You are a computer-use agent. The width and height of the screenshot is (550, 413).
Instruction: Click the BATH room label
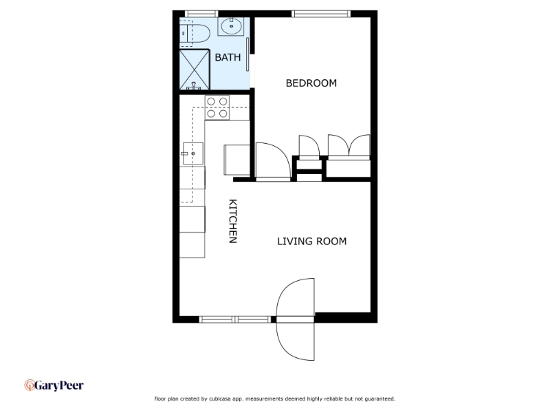[228, 57]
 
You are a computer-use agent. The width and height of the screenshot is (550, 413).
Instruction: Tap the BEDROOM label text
[311, 83]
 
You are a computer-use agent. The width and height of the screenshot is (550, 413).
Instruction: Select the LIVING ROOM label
[312, 242]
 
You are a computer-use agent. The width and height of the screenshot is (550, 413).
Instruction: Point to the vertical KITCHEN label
[233, 221]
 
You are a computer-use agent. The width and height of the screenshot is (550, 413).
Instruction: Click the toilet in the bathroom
[195, 33]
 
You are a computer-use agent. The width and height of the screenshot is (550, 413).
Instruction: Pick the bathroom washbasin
[231, 26]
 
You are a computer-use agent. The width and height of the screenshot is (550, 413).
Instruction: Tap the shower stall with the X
[195, 70]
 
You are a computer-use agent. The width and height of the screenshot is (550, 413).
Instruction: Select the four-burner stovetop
[217, 107]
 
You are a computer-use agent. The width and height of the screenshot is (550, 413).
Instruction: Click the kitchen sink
[192, 153]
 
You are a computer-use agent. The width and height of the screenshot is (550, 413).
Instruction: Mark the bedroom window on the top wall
[321, 14]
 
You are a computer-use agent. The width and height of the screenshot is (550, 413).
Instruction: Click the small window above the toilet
[201, 14]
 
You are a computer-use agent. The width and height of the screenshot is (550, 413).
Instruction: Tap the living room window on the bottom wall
[235, 319]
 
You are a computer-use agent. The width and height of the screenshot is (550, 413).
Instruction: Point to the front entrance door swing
[295, 319]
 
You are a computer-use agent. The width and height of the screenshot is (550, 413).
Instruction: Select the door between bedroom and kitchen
[273, 162]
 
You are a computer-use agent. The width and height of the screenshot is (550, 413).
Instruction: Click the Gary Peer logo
[54, 385]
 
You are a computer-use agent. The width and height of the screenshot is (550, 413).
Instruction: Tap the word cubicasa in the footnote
[221, 399]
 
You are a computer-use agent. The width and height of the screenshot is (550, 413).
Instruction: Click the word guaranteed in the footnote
[380, 399]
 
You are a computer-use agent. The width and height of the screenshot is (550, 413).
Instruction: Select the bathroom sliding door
[247, 54]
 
